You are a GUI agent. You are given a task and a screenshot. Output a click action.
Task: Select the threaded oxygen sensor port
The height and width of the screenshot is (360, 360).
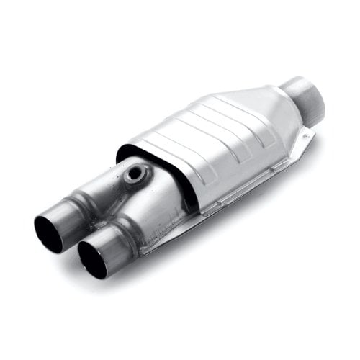pyautogui.click(x=136, y=174)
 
